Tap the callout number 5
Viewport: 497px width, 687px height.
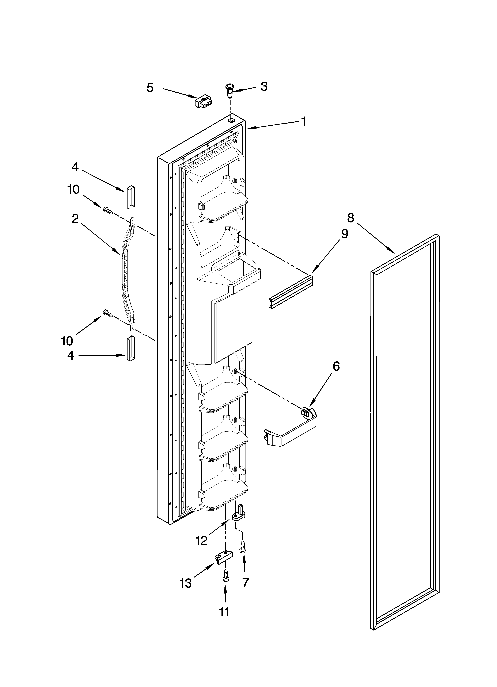coord(150,88)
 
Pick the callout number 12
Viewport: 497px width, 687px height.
coord(202,540)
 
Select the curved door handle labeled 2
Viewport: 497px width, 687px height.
coord(127,274)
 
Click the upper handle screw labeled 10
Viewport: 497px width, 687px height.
coord(108,211)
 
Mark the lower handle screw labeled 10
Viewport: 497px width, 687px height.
coord(108,314)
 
